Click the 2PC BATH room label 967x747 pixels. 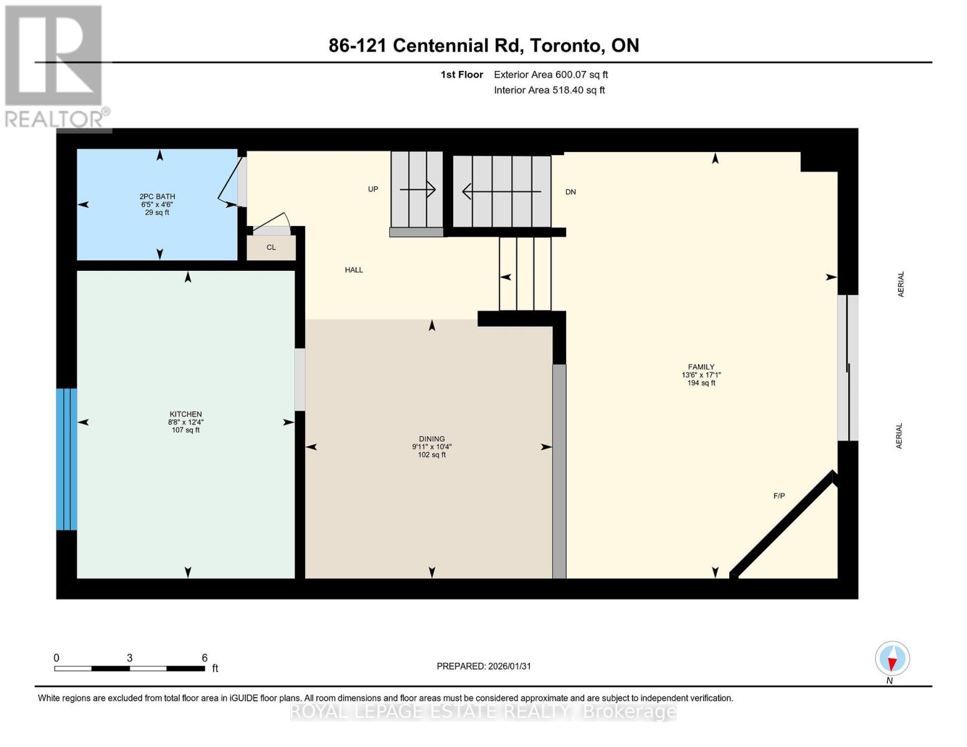click(x=157, y=197)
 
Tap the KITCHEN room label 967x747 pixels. click(x=186, y=415)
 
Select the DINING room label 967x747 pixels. click(x=432, y=439)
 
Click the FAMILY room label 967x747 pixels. click(x=701, y=367)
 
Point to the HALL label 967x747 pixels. click(x=354, y=270)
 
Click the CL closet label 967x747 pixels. click(x=271, y=248)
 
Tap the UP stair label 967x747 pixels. click(x=373, y=189)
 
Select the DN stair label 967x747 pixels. click(x=570, y=192)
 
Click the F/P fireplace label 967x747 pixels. click(x=779, y=496)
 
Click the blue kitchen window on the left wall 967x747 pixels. click(x=67, y=459)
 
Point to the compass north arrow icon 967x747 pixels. click(x=892, y=659)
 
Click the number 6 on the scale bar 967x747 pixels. click(x=204, y=658)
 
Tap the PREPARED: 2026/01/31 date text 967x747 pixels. click(x=484, y=666)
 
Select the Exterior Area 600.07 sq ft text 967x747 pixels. click(x=550, y=75)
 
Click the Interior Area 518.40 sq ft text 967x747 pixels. click(x=549, y=90)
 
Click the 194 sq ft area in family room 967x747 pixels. click(x=701, y=383)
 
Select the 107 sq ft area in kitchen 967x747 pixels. click(x=186, y=430)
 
